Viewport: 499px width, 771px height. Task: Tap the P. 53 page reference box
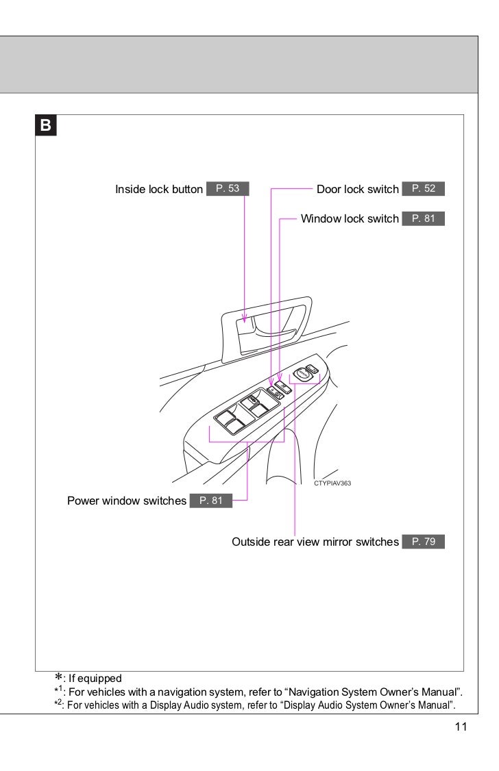227,188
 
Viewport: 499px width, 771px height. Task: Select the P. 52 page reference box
424,188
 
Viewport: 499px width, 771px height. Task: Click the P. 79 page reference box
424,542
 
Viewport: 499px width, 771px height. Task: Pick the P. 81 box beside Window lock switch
424,218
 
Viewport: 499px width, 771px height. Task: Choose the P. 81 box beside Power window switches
211,501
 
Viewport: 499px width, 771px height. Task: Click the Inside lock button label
159,188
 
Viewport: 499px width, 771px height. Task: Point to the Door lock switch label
358,188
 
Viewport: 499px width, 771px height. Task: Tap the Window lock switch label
350,218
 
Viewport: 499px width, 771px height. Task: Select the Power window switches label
127,501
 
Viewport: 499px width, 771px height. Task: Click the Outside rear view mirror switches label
315,542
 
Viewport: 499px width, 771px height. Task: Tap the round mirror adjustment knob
302,374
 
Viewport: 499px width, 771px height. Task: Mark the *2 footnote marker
60,705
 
